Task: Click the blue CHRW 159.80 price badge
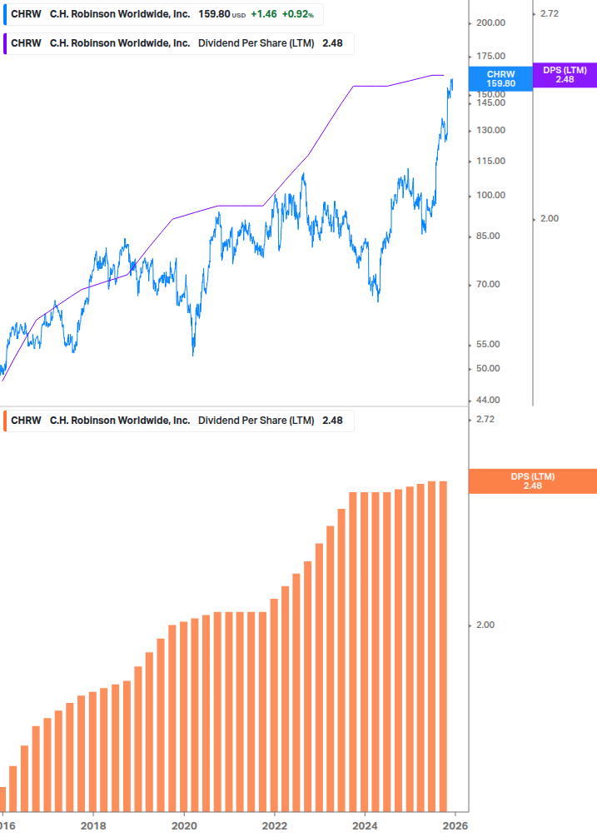(501, 78)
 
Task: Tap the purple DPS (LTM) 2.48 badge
(565, 75)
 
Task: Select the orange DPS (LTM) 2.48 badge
(533, 481)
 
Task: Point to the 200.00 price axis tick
(490, 22)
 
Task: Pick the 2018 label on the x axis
(93, 826)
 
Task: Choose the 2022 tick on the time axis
(275, 826)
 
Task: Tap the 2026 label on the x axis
(454, 826)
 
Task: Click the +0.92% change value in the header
(297, 14)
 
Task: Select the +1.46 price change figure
(264, 14)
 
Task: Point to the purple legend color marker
(5, 43)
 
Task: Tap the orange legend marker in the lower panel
(5, 421)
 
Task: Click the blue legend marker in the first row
(5, 14)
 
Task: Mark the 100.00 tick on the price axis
(490, 195)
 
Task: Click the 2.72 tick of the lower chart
(484, 419)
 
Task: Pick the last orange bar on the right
(443, 646)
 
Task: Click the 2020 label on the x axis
(184, 826)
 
